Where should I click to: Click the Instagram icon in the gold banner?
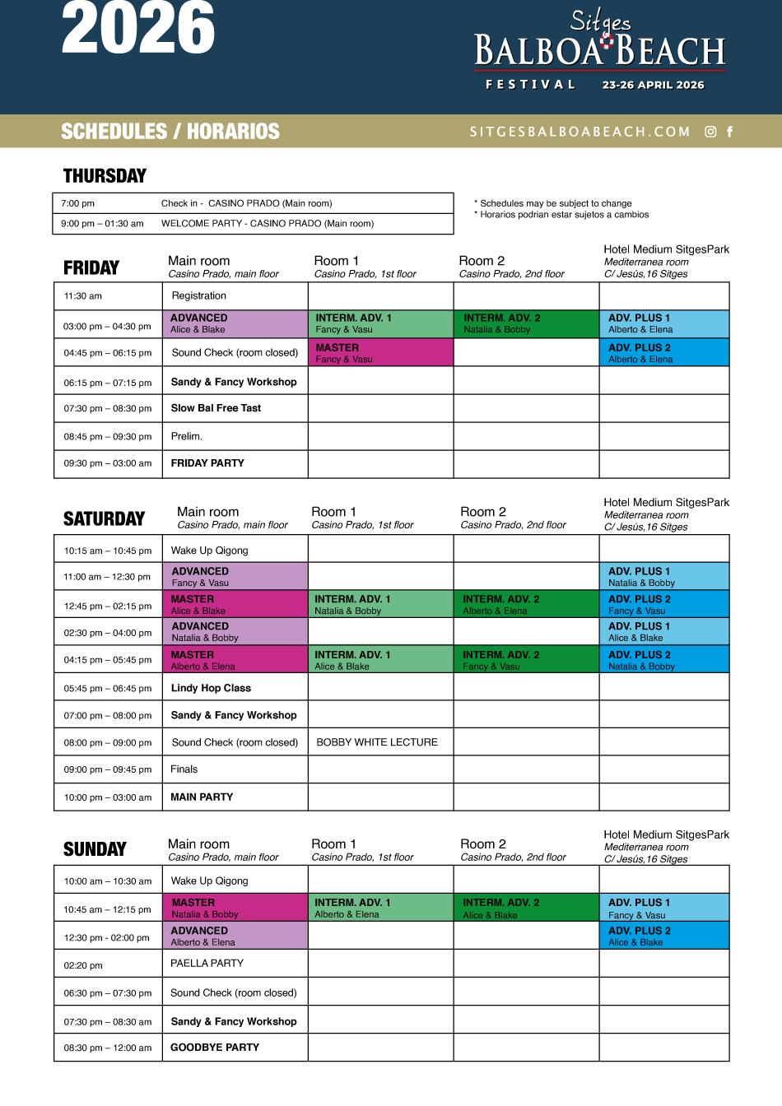pos(710,132)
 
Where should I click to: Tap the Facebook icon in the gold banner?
pos(729,132)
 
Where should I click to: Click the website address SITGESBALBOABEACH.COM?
pos(580,132)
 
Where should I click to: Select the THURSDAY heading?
pos(105,176)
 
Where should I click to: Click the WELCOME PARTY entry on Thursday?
pos(267,224)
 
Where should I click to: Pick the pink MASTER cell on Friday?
pos(380,353)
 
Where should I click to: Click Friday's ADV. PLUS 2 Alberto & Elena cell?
pos(664,353)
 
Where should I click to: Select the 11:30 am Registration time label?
pos(83,296)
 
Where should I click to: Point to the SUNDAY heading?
pos(95,849)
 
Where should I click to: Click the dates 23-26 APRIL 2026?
pos(653,85)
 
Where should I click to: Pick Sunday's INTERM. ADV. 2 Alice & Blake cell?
pos(526,908)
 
